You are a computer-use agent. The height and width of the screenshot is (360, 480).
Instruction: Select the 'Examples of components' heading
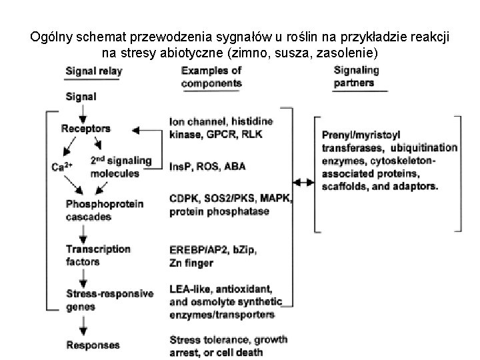[x=211, y=77]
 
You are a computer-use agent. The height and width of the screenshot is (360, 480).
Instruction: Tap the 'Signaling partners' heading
[x=356, y=77]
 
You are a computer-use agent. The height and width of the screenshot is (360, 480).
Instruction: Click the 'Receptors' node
[x=86, y=128]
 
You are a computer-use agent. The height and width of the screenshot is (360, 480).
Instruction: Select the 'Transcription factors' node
[x=97, y=255]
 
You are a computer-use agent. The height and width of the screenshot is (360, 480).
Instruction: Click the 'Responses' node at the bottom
[x=93, y=345]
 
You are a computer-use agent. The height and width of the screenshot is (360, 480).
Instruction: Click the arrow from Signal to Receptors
[x=83, y=112]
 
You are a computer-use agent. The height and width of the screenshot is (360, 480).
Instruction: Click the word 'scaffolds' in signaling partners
[x=345, y=187]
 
